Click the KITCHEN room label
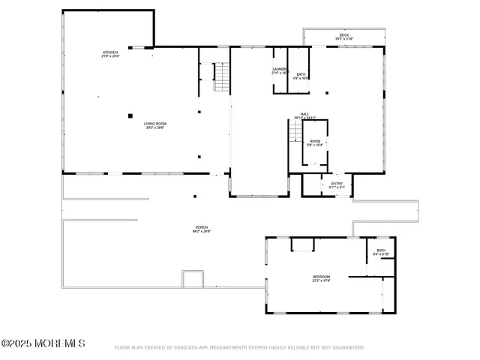(x=110, y=52)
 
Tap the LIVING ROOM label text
(x=155, y=124)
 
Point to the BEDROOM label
(x=321, y=277)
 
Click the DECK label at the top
(x=345, y=34)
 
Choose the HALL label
(x=304, y=114)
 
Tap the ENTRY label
(x=336, y=183)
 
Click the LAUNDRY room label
(x=280, y=69)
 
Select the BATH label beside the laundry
(x=301, y=73)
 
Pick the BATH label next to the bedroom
(x=380, y=250)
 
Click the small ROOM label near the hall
(x=315, y=141)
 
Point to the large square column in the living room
(x=130, y=115)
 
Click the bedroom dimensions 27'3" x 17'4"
(x=321, y=281)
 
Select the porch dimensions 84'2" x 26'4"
(x=202, y=232)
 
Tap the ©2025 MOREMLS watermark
(x=43, y=343)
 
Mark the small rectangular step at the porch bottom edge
(x=193, y=279)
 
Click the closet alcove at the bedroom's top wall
(x=302, y=244)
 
